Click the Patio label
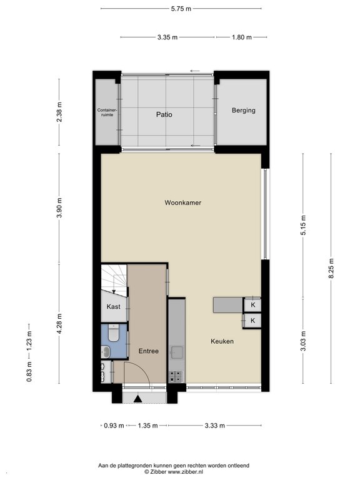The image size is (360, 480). point(164,114)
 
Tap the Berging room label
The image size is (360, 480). point(243,110)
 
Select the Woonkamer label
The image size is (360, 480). point(182,202)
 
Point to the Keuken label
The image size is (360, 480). point(222,341)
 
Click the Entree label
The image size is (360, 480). point(149,351)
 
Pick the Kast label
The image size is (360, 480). point(113,307)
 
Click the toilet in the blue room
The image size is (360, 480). point(113,333)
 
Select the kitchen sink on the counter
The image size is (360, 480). point(177,352)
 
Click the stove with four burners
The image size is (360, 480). point(176,376)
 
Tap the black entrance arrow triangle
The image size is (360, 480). point(137,399)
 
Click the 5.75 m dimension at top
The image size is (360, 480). point(181,9)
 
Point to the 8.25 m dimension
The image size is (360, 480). point(331,269)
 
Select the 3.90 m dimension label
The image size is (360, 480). point(59,207)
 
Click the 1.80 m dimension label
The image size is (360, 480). point(241,37)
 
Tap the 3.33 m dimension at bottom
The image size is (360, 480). point(214,426)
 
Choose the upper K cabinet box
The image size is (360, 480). point(252,305)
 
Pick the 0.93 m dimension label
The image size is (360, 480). point(114,426)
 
